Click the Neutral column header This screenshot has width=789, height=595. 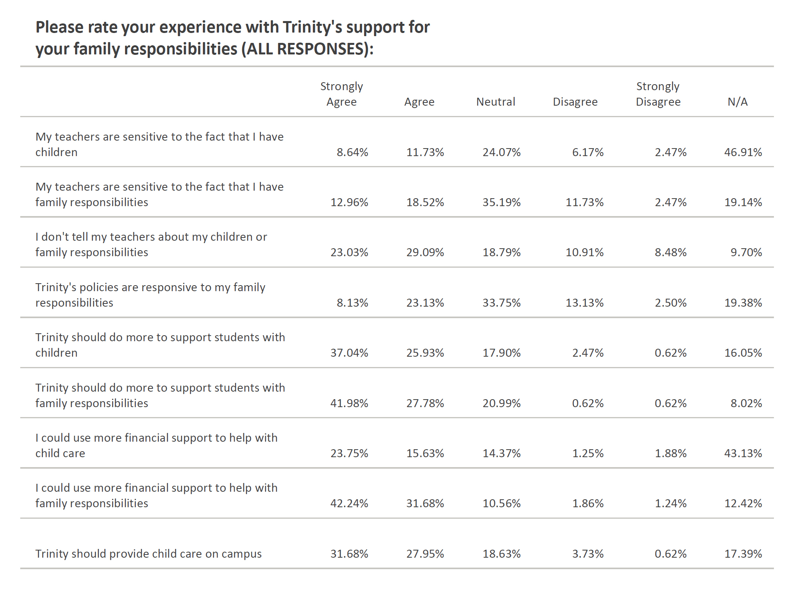[x=496, y=102]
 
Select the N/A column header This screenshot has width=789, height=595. [x=737, y=102]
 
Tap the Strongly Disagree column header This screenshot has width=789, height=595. [x=658, y=94]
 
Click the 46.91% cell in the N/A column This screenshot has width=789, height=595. [x=743, y=152]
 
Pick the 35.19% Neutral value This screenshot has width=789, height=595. [x=502, y=202]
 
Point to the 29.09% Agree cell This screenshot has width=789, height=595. [x=425, y=252]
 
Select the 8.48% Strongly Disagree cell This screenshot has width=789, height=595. [x=671, y=252]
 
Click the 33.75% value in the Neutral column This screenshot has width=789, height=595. [x=502, y=303]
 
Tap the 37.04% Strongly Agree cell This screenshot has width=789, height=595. [x=349, y=353]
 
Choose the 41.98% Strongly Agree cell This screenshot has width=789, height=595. [x=349, y=403]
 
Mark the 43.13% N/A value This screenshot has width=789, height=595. [x=743, y=453]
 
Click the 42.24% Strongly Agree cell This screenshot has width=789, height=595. [x=349, y=503]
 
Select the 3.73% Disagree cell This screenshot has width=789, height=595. [x=588, y=554]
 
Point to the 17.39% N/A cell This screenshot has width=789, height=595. [x=743, y=554]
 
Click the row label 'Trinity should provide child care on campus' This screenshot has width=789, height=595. [x=149, y=554]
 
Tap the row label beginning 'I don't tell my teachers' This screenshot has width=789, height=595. [x=151, y=244]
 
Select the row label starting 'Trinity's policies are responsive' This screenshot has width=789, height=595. [x=150, y=295]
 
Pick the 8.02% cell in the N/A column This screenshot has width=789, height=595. [x=746, y=403]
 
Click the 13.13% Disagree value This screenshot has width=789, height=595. [x=585, y=303]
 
